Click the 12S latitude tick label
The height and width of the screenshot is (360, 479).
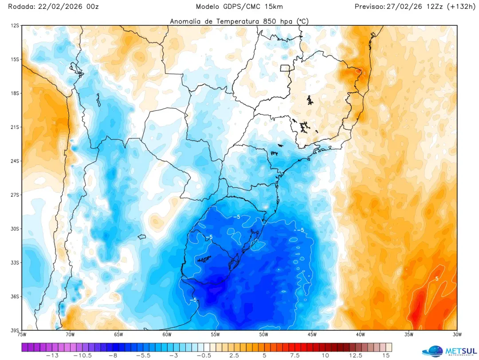pyautogui.click(x=15, y=26)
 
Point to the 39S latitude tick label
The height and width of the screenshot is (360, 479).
pyautogui.click(x=15, y=330)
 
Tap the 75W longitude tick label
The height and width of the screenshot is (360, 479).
pyautogui.click(x=23, y=335)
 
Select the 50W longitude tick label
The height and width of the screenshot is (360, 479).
pyautogui.click(x=263, y=335)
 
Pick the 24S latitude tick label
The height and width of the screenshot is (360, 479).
pyautogui.click(x=15, y=161)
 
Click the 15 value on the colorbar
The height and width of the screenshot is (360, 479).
pyautogui.click(x=386, y=355)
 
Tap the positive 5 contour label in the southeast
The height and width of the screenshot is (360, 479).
pyautogui.click(x=436, y=278)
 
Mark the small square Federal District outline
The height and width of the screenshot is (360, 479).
pyautogui.click(x=285, y=68)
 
